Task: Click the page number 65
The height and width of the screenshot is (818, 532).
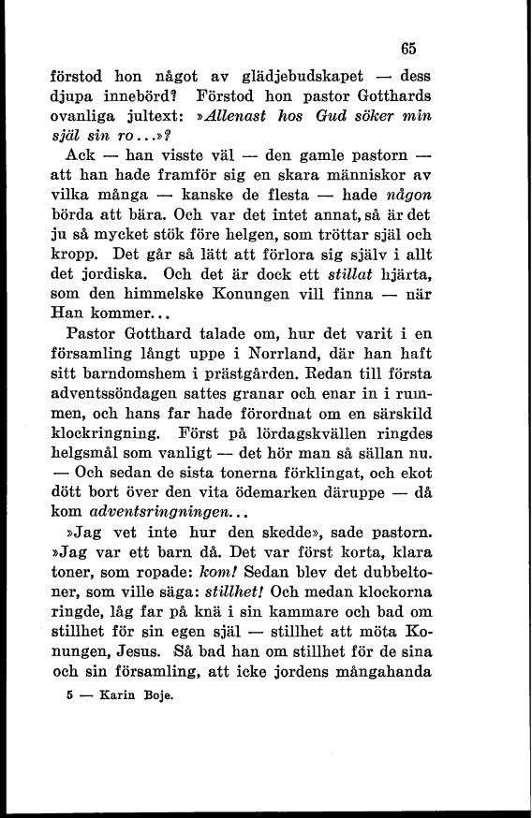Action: [x=406, y=49]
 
